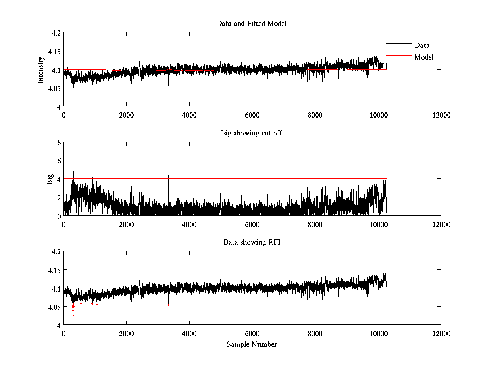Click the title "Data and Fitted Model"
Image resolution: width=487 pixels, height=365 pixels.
click(252, 24)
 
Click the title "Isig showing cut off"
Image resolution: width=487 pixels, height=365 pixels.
click(251, 133)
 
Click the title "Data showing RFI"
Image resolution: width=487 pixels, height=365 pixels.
click(251, 242)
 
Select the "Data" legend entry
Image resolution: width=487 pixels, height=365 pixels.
click(422, 45)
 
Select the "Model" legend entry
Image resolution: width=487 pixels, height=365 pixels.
click(424, 57)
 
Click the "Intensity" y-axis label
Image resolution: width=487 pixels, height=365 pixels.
click(41, 69)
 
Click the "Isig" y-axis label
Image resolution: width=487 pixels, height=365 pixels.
click(50, 179)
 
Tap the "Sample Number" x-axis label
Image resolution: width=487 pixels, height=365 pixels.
click(252, 344)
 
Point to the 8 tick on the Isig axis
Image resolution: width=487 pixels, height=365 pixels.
click(59, 142)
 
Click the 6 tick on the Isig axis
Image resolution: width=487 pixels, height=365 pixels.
click(59, 161)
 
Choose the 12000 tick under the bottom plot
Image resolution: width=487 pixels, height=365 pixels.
click(441, 333)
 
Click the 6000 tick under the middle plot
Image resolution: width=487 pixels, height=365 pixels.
click(252, 224)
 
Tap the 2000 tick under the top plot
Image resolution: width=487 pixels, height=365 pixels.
click(126, 115)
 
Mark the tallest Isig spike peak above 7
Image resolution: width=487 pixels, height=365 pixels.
click(73, 148)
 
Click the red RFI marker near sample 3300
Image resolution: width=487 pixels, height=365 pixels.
click(168, 305)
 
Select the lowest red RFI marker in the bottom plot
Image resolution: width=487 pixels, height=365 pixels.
click(73, 316)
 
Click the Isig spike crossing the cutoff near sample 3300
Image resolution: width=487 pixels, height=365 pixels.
click(168, 176)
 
